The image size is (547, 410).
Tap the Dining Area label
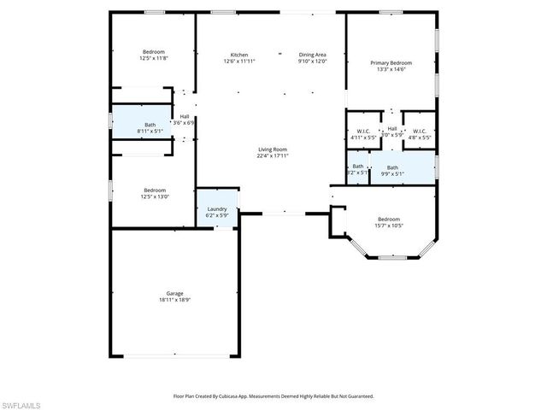pyautogui.click(x=312, y=54)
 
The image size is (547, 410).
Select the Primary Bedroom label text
pyautogui.click(x=391, y=63)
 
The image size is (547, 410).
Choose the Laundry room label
pyautogui.click(x=217, y=208)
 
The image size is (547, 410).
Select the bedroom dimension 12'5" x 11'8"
pyautogui.click(x=154, y=58)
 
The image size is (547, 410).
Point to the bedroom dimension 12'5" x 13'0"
pyautogui.click(x=154, y=196)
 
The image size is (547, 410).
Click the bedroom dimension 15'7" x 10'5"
pyautogui.click(x=389, y=225)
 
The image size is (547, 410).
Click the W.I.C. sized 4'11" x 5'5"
pyautogui.click(x=362, y=137)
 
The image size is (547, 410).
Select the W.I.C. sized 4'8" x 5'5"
pyautogui.click(x=419, y=137)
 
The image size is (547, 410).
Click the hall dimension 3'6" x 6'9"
pyautogui.click(x=185, y=123)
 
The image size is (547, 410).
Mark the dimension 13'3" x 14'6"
pyautogui.click(x=391, y=70)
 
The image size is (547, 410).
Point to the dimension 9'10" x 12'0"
pyautogui.click(x=312, y=61)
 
